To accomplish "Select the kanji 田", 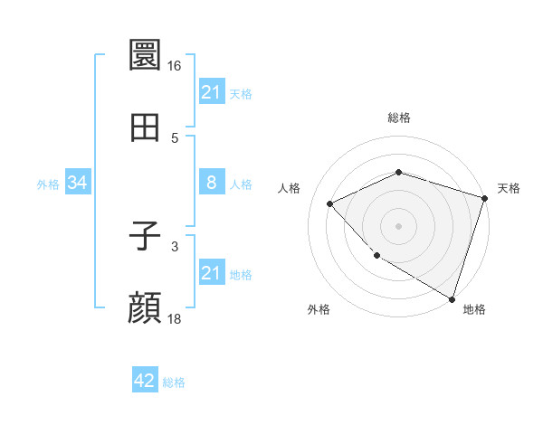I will (146, 128).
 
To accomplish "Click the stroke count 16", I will (175, 66).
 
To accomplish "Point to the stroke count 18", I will (175, 319).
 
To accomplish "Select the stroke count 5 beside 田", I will (175, 138).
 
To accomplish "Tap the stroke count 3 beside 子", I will (175, 246).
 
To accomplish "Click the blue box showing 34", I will (78, 183).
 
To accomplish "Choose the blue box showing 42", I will (145, 381).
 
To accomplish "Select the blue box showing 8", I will (211, 183).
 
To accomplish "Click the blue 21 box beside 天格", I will (211, 91).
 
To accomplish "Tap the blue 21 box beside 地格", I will (211, 273).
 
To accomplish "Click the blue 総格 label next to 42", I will (174, 382).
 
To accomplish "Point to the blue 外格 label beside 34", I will (48, 184).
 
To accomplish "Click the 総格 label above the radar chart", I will (398, 118).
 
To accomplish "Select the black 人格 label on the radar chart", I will (290, 188).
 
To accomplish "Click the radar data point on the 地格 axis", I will (452, 297).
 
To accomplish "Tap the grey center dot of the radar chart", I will (398, 225).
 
